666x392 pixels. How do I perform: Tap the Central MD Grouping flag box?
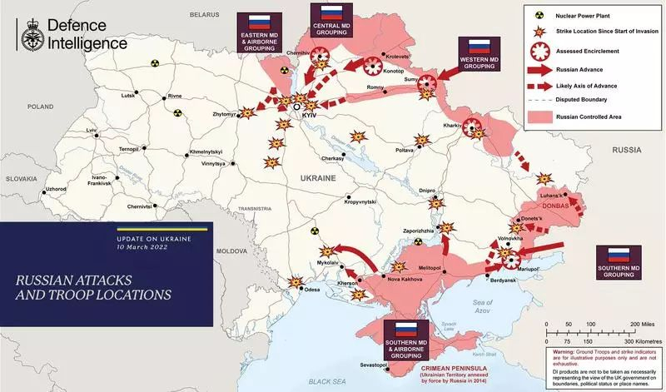pyautogui.click(x=332, y=22)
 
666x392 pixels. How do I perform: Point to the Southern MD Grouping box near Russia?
pyautogui.click(x=618, y=262)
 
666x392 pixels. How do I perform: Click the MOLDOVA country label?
pyautogui.click(x=228, y=251)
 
